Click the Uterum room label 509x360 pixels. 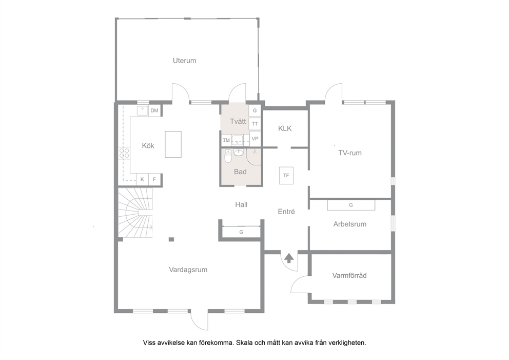[x=184, y=61]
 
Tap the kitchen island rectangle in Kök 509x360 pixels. [x=173, y=144]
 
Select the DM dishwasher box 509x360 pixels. [x=154, y=110]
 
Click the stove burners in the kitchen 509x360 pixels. [x=124, y=153]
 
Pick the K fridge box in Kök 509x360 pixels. [x=142, y=179]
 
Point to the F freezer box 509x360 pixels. [x=154, y=179]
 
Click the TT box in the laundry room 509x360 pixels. [x=255, y=124]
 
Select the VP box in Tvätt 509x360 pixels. [x=255, y=139]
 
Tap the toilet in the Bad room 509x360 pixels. [x=228, y=156]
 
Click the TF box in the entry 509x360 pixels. [x=286, y=176]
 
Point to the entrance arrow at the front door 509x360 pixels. [x=289, y=258]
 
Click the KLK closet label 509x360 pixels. [x=285, y=128]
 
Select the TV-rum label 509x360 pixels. [x=350, y=153]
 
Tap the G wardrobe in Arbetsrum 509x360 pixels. [x=351, y=205]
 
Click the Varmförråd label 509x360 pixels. [x=349, y=276]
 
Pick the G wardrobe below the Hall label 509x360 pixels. [x=241, y=232]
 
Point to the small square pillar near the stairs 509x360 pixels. [x=171, y=239]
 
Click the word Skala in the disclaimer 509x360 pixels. [x=245, y=343]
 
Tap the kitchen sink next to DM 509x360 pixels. [x=143, y=110]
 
